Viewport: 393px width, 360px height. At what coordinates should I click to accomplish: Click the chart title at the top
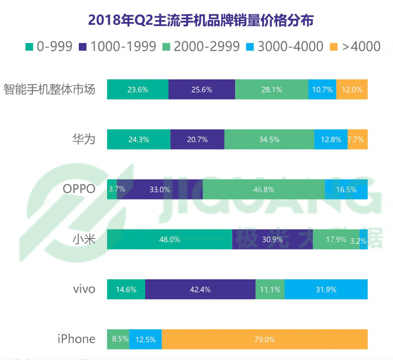(200, 20)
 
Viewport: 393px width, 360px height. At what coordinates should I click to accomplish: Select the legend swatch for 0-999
(29, 47)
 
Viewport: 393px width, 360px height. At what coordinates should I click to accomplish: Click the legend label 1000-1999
(123, 47)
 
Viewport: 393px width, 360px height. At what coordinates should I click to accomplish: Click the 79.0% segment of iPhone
(265, 339)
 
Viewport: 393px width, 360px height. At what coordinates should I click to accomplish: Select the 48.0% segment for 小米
(169, 239)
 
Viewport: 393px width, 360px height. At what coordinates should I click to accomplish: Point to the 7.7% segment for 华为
(358, 139)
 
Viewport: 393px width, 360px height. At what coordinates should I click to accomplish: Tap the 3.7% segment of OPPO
(112, 189)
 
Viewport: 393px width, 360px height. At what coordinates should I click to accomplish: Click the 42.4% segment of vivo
(200, 289)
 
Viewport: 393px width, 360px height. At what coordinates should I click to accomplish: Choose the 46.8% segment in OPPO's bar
(264, 189)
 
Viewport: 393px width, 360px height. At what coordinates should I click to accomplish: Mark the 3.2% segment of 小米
(363, 239)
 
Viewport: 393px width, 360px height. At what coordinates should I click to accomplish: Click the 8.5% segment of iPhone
(118, 339)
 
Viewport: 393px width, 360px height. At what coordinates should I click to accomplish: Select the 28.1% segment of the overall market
(271, 89)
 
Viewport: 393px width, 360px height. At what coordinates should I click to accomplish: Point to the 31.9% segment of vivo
(326, 289)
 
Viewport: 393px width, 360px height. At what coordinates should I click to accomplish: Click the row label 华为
(84, 139)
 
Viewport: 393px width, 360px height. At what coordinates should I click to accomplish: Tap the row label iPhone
(76, 339)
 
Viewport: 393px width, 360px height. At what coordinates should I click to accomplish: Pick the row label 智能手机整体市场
(49, 89)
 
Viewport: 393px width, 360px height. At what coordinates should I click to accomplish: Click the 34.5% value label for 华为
(269, 140)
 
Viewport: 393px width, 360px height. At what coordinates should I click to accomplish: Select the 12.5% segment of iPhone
(145, 339)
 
